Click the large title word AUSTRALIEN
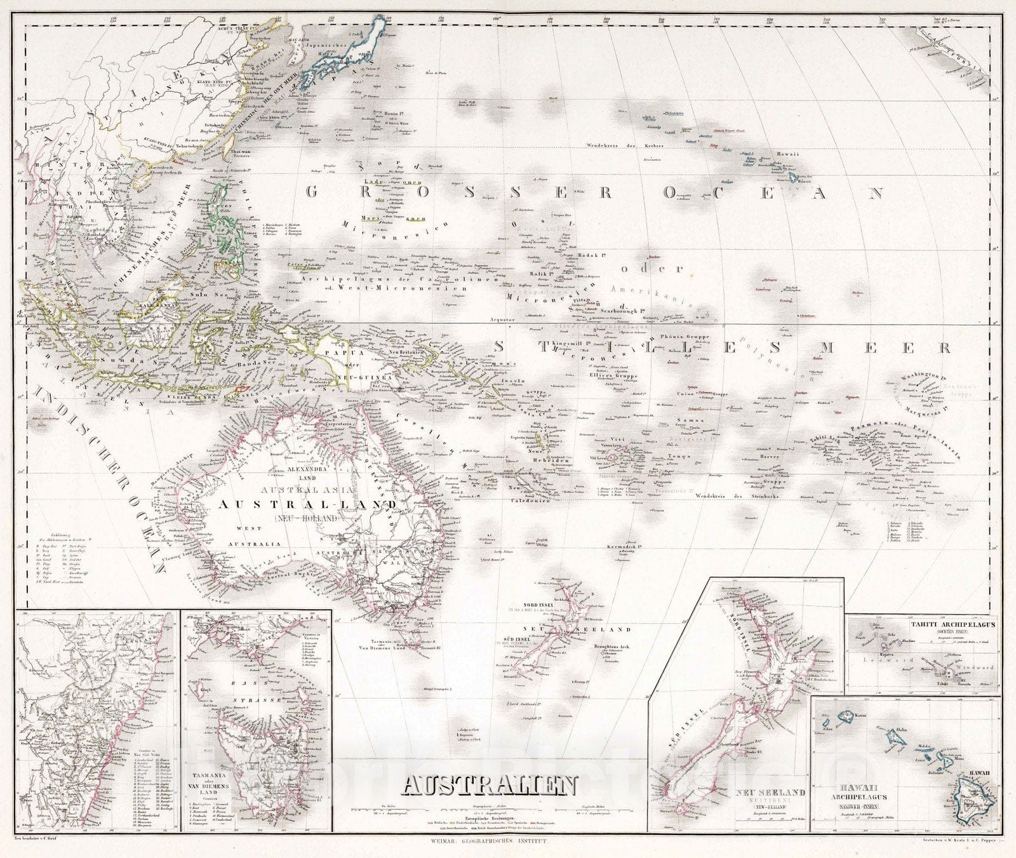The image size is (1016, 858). pyautogui.click(x=489, y=787)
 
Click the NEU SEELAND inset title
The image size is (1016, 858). pyautogui.click(x=770, y=793)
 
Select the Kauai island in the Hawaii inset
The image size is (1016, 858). pyautogui.click(x=847, y=716)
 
